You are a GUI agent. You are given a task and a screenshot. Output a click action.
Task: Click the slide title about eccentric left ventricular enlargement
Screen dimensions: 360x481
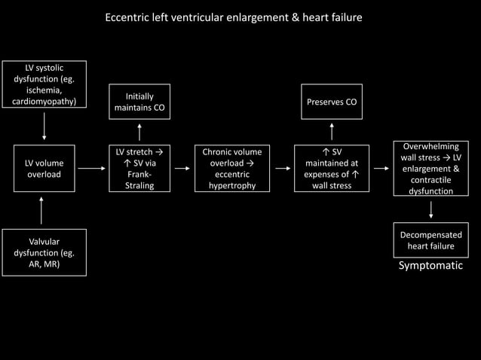234,17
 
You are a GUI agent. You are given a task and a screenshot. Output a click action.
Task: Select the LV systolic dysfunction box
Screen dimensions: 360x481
44,85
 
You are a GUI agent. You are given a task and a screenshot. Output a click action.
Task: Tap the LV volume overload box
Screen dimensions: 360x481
44,169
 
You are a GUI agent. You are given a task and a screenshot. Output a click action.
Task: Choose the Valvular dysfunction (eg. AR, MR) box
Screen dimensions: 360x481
44,252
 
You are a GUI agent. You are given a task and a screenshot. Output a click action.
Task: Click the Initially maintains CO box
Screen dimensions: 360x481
139,102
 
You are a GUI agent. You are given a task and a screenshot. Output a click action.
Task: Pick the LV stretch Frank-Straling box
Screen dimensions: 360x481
139,169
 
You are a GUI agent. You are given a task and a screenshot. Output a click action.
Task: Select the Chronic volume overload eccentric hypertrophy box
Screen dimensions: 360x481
232,169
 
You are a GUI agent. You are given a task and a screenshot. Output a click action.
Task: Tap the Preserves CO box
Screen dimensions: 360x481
332,102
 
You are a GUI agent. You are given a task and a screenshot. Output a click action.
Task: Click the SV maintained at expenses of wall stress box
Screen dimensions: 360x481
332,169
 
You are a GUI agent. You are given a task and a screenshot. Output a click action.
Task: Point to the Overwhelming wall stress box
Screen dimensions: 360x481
430,169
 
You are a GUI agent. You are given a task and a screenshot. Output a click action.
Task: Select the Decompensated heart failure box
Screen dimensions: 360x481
430,241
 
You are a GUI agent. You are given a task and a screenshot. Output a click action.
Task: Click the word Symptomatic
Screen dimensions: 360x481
430,266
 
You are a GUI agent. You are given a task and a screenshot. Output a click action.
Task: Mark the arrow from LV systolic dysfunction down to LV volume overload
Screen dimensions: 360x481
44,126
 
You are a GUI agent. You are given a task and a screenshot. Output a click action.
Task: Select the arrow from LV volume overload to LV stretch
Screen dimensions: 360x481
92,169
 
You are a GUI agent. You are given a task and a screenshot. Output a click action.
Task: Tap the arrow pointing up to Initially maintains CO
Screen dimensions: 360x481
139,131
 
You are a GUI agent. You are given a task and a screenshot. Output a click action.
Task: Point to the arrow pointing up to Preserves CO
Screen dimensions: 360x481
332,131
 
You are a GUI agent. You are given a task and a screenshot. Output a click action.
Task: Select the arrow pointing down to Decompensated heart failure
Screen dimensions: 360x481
430,209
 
